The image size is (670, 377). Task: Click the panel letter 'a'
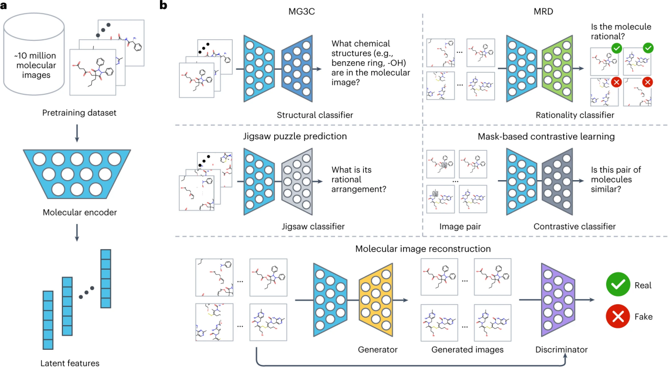click(x=4, y=6)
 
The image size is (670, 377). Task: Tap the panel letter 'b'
click(x=164, y=5)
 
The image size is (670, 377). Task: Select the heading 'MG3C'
click(x=301, y=12)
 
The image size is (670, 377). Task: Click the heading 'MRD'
click(x=543, y=12)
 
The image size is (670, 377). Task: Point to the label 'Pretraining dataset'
click(x=79, y=113)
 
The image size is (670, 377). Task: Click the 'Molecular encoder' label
click(x=80, y=213)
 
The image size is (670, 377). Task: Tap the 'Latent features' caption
click(x=70, y=363)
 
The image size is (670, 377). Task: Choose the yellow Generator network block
click(x=376, y=300)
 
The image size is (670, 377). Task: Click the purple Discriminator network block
click(x=558, y=300)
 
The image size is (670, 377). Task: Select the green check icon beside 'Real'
click(x=618, y=284)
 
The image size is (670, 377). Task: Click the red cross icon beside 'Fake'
click(x=618, y=316)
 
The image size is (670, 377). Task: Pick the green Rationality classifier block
click(x=557, y=69)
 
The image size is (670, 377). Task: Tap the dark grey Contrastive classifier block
click(x=557, y=181)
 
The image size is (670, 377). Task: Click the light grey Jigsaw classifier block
click(x=297, y=181)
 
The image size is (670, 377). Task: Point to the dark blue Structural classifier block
click(x=297, y=69)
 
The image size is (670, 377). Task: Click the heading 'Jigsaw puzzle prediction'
click(x=295, y=136)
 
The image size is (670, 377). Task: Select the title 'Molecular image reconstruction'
click(x=423, y=249)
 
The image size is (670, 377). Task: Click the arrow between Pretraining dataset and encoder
click(x=77, y=133)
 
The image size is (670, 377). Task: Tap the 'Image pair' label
click(x=460, y=226)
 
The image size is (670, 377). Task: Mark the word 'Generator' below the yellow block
click(x=377, y=350)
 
